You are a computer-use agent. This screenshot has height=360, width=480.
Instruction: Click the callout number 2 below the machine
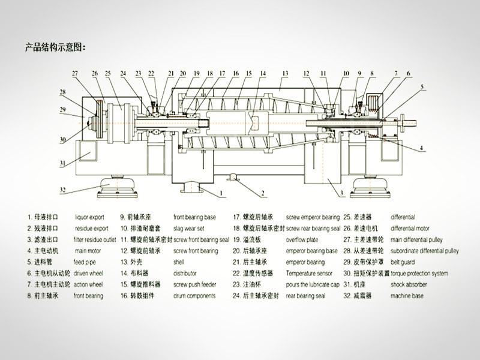[262, 193]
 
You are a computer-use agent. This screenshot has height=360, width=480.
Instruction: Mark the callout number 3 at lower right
[341, 193]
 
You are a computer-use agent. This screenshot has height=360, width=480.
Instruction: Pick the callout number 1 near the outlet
[221, 193]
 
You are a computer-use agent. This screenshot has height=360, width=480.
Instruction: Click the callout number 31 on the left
[62, 163]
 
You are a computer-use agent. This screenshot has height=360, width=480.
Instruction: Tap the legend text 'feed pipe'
[86, 262]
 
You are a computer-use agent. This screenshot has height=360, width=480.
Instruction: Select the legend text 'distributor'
[187, 273]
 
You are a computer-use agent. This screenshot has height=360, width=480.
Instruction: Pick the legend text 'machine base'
[406, 296]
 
